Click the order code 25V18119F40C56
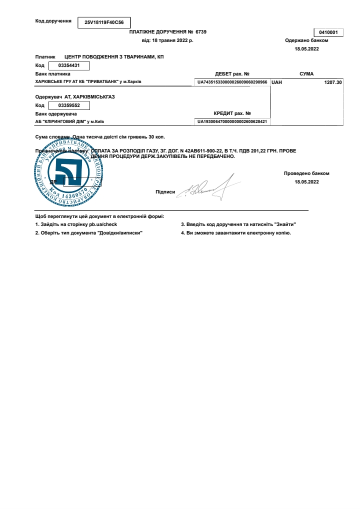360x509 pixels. (x=103, y=22)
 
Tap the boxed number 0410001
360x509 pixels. (x=328, y=32)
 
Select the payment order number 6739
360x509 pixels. (x=201, y=31)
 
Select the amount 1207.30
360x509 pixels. (x=332, y=81)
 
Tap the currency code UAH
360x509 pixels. (x=276, y=81)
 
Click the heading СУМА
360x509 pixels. (x=306, y=73)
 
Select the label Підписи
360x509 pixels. (x=165, y=191)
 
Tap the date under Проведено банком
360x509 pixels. (x=306, y=181)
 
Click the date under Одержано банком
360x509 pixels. (x=306, y=49)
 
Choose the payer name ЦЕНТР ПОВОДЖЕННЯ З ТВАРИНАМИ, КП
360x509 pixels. (x=114, y=57)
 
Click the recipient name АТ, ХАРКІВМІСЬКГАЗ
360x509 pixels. (x=89, y=96)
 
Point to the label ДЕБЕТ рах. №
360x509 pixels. (x=232, y=73)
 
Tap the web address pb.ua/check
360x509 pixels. (x=103, y=224)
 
